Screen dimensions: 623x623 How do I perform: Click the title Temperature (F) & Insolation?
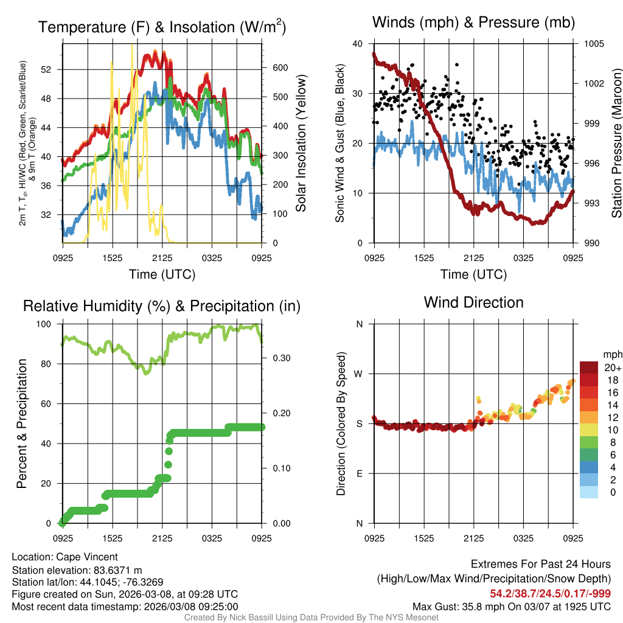(x=162, y=27)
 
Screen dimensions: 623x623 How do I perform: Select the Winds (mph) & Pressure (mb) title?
(x=473, y=23)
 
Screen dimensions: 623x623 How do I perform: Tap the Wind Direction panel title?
(x=473, y=302)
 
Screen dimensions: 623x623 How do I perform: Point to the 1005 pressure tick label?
(x=594, y=44)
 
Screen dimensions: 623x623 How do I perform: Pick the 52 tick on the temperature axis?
(x=53, y=69)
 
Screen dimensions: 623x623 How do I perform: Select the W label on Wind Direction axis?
(x=359, y=374)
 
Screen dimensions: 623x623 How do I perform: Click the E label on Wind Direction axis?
(x=359, y=473)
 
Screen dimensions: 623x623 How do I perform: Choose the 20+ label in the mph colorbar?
(x=613, y=367)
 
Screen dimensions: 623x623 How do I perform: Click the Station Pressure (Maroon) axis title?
(x=616, y=143)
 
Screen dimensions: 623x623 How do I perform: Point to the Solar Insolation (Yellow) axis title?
(x=301, y=143)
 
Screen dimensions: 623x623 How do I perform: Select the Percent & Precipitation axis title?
(x=22, y=423)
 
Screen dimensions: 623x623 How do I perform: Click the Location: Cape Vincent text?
(x=64, y=557)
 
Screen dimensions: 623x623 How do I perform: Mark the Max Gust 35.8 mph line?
(x=511, y=606)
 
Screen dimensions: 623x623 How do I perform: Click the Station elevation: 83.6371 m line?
(x=77, y=569)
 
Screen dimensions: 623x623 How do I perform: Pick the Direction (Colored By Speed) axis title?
(x=341, y=423)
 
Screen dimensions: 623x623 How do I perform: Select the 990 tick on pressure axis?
(x=591, y=243)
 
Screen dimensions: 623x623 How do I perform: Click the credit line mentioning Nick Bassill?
(x=311, y=618)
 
